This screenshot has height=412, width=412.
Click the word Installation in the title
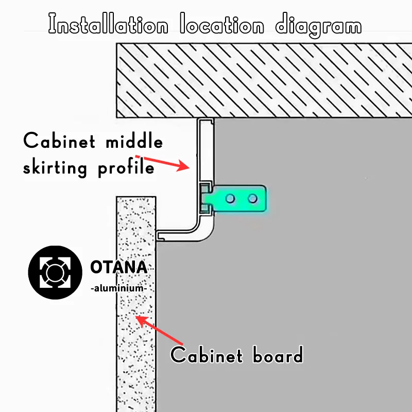click(x=108, y=25)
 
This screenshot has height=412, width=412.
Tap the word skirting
click(x=55, y=168)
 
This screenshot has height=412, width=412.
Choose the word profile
click(x=126, y=168)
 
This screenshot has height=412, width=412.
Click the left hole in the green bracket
click(x=231, y=198)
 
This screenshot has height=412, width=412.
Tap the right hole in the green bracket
click(x=252, y=198)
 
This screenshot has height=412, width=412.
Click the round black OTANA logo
click(x=55, y=273)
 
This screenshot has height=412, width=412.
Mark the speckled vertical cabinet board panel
click(x=135, y=309)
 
